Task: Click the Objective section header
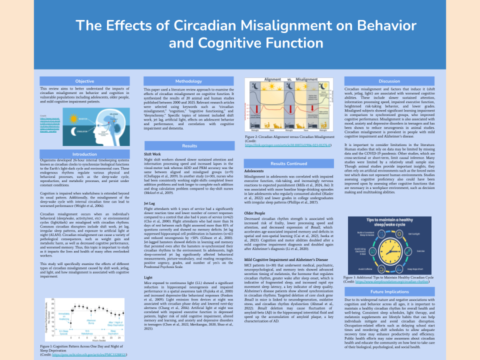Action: [84, 81]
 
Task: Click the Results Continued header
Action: [289, 163]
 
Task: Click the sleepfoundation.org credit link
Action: [400, 281]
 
